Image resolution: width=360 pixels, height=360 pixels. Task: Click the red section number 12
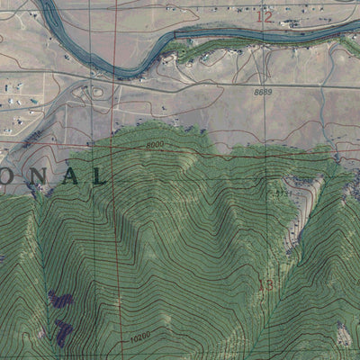[263, 16]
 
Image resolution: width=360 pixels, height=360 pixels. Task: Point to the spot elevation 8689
[262, 93]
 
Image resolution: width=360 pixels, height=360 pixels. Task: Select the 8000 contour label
[156, 145]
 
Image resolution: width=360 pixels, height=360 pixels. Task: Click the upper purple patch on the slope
[61, 301]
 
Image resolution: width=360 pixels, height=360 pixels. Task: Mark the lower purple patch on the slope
[61, 335]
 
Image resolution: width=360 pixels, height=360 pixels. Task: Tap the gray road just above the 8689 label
[261, 85]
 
